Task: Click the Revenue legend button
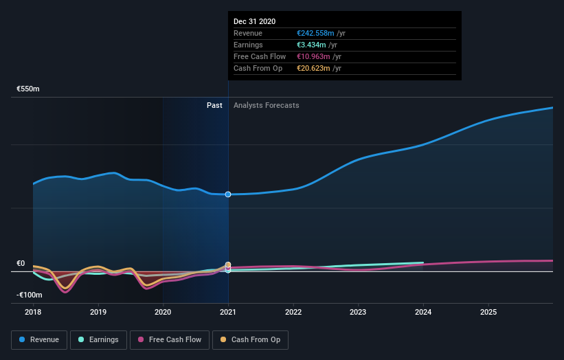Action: coord(39,339)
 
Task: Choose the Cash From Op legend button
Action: coord(250,339)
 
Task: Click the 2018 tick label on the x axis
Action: coord(33,311)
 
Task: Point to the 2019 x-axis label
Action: coord(98,311)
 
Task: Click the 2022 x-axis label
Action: coord(293,311)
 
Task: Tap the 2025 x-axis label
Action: coord(488,311)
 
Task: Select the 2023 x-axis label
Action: coord(359,311)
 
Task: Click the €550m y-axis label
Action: coord(29,89)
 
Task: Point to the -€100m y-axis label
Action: coord(30,295)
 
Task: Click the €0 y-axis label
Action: coord(21,263)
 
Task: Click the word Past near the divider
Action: coord(214,105)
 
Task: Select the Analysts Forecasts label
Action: coord(266,105)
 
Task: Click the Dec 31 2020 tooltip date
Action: coord(254,21)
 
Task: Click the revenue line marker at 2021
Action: coord(228,194)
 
